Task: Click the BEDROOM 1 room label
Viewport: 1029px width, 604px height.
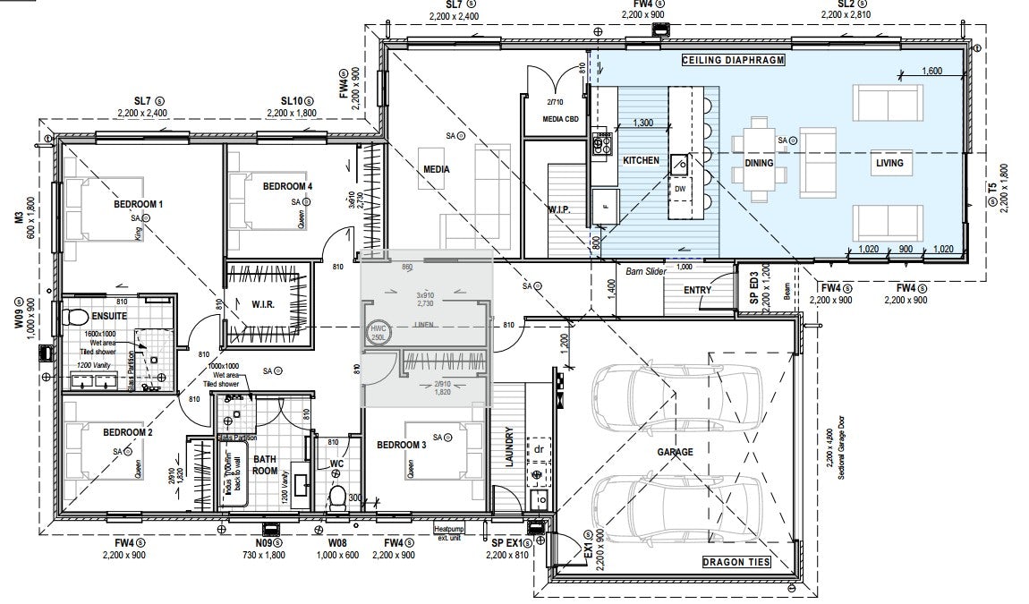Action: coord(138,205)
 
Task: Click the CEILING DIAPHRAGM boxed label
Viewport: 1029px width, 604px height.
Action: coord(732,60)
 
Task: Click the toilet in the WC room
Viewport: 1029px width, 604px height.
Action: coord(337,497)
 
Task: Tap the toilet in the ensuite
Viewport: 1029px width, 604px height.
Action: coord(74,317)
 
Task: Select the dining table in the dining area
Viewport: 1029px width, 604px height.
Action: coord(760,163)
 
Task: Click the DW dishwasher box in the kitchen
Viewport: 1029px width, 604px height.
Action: coord(680,189)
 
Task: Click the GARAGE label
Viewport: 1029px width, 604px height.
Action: coord(675,452)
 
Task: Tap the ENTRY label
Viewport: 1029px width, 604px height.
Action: coord(697,290)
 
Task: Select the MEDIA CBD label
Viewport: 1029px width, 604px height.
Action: coord(560,119)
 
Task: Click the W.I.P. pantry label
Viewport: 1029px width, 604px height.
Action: coord(559,209)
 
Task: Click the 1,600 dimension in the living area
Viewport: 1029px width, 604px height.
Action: coord(931,71)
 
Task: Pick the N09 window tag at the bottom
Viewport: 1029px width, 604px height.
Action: coord(262,543)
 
